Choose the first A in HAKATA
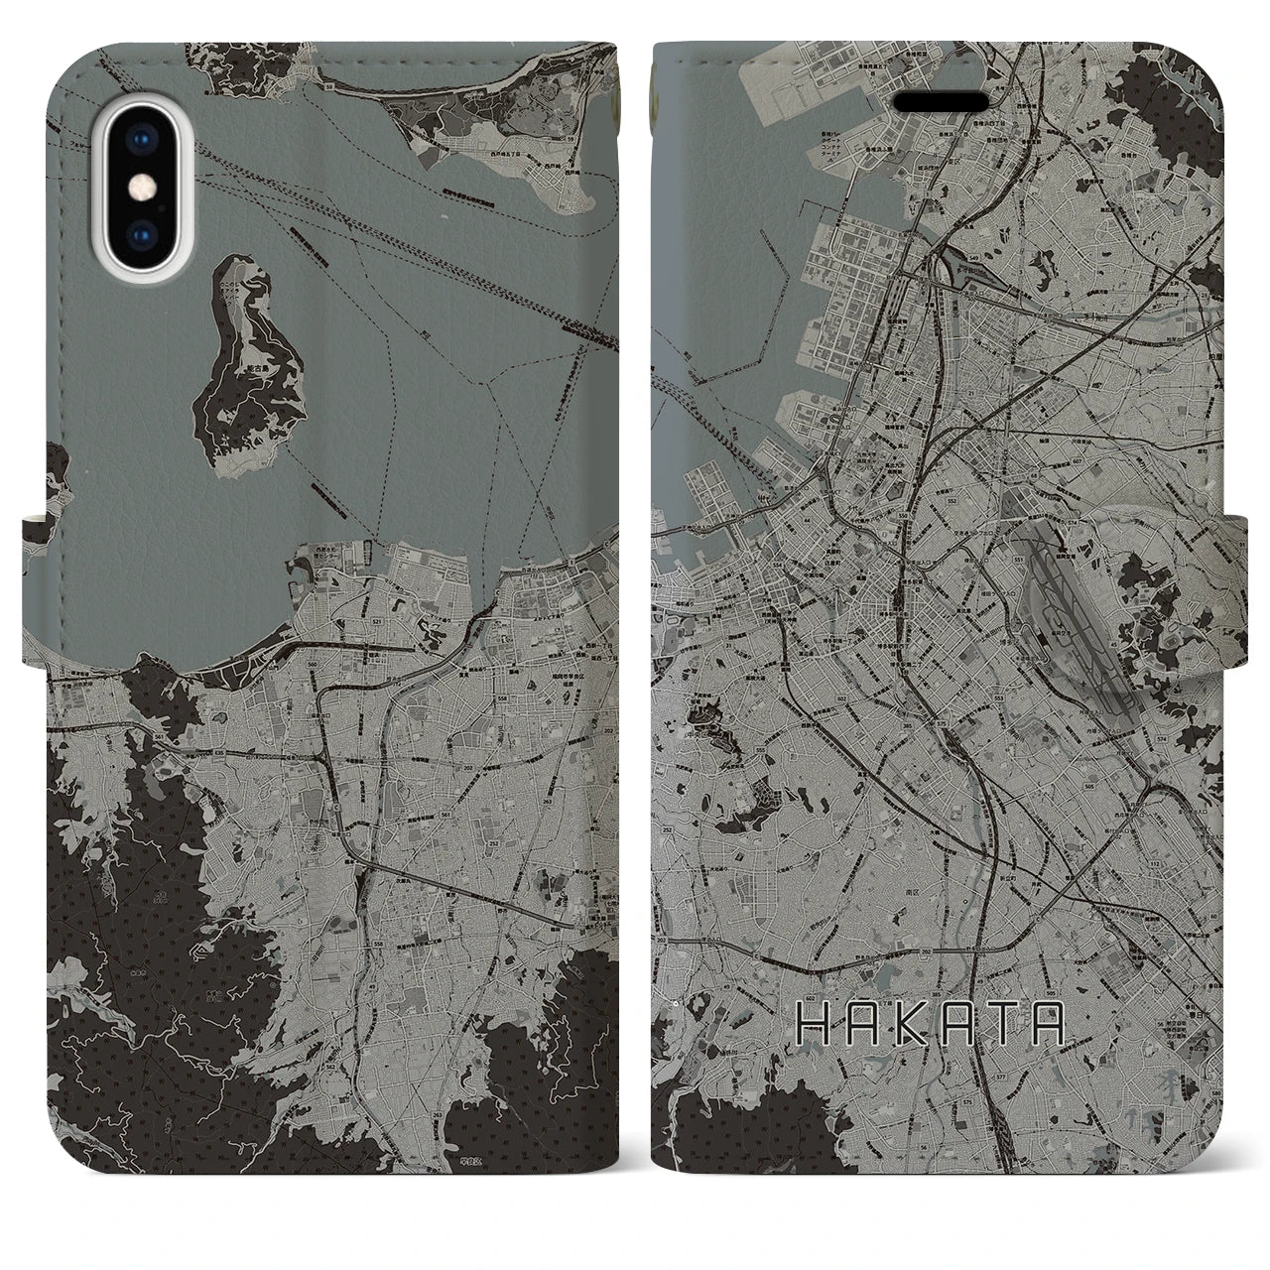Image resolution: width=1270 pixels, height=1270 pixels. tap(858, 1024)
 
